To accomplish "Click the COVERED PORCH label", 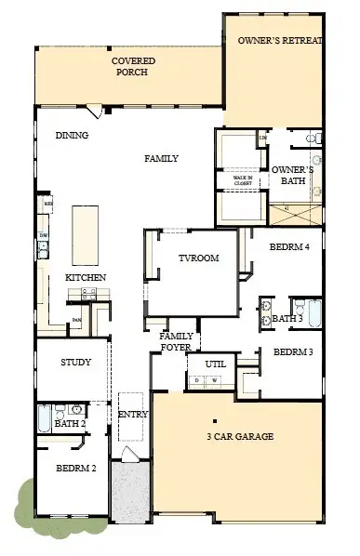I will pos(133,67).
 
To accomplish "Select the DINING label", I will pos(72,136).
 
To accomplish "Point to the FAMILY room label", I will pos(161,159).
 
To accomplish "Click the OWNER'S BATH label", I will pos(292,176).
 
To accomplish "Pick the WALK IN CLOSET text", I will pos(243,181).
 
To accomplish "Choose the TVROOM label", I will pos(198,258).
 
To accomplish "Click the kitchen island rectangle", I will pos(87,234).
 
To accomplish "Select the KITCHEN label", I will pos(85,278).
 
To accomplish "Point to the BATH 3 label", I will pos(287,319).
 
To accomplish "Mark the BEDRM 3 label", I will pos(293,352).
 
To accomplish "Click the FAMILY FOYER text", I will pos(176,341).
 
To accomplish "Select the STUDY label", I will pos(75,363).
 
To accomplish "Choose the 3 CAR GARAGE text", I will pos(240,436).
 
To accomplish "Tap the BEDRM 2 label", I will pos(75,469).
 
